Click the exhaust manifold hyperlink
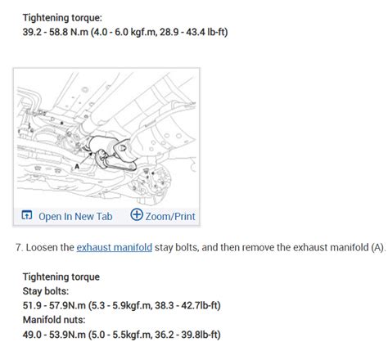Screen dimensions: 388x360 click(114, 248)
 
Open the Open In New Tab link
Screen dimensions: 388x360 click(75, 217)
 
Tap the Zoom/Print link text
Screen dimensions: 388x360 click(170, 217)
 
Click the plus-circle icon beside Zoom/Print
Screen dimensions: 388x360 click(137, 214)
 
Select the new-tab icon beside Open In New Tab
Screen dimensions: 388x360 click(27, 215)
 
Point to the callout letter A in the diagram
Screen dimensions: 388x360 click(77, 166)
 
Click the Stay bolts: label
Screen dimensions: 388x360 click(46, 291)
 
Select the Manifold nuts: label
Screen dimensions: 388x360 click(54, 320)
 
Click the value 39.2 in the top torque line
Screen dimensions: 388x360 click(32, 32)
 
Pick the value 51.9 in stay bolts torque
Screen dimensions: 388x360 click(32, 305)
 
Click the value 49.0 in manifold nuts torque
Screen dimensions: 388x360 click(32, 335)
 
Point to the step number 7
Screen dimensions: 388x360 click(19, 248)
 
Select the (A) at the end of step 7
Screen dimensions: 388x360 click(378, 248)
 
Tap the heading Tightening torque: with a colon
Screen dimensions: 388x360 click(62, 18)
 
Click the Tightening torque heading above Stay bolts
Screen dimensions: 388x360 click(61, 277)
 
